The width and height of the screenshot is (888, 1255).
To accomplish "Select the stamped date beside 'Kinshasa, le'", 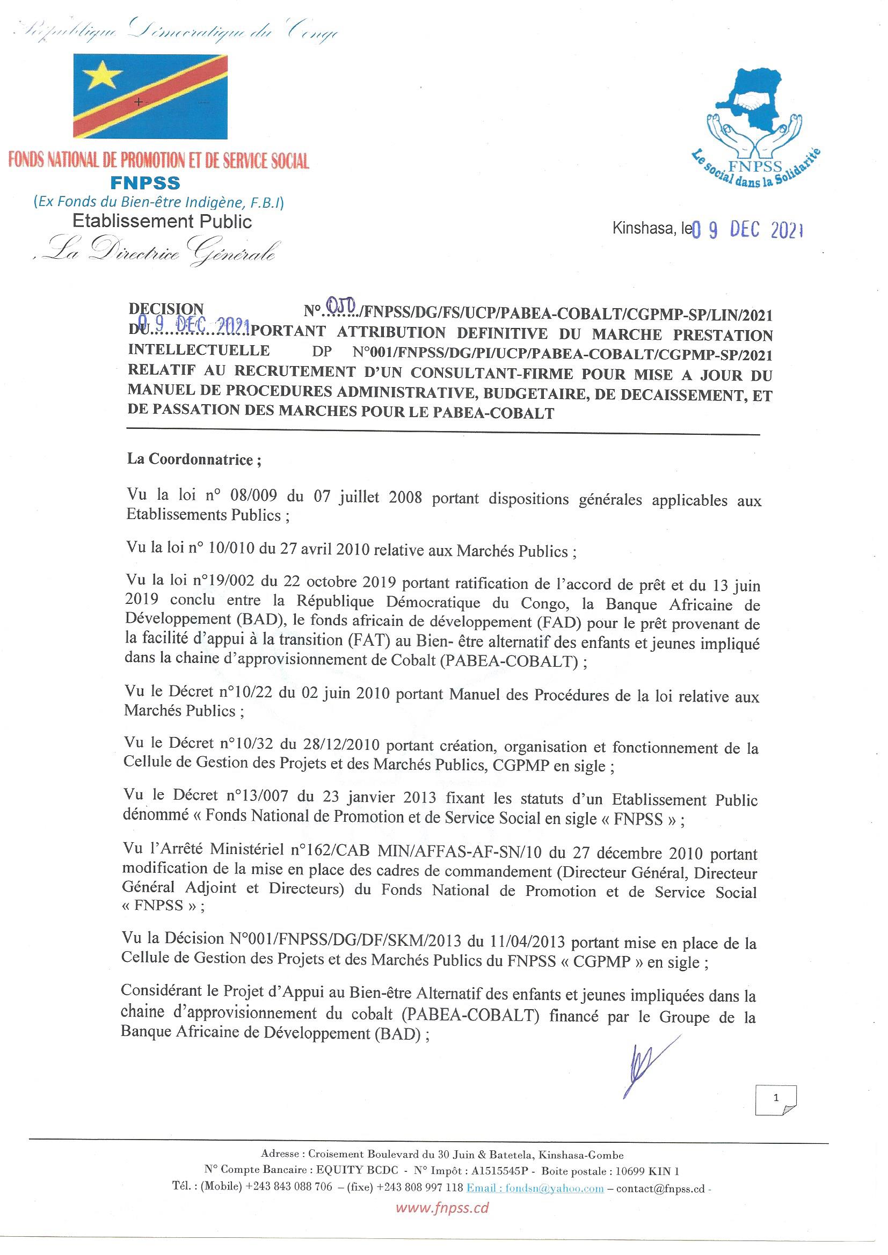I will pos(748,231).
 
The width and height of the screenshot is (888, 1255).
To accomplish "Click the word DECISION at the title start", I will pos(166,309).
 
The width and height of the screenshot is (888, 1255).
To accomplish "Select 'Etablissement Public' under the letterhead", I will pos(162,221).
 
